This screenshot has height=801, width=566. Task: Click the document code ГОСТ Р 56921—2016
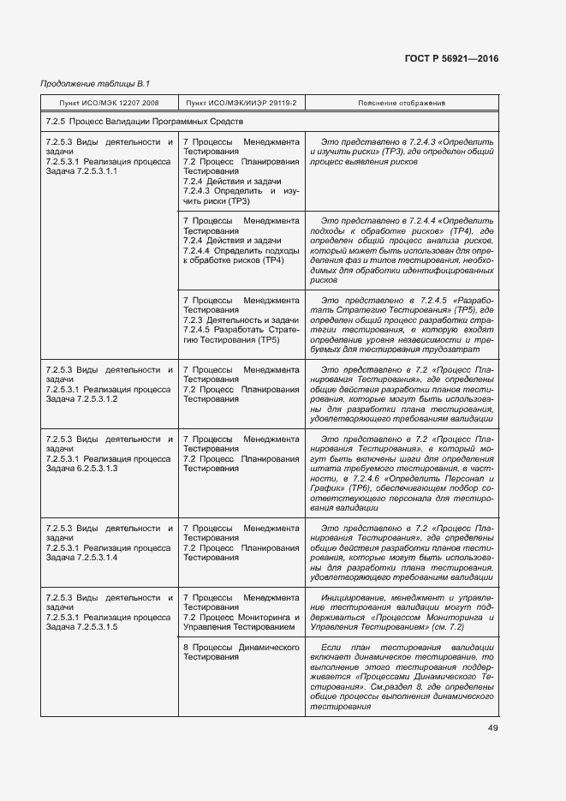452,58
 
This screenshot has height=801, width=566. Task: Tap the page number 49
492,728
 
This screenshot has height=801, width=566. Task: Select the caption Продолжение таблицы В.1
95,83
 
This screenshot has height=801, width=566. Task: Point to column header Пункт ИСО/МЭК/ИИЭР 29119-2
241,104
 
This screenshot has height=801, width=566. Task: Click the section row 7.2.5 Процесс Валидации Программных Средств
145,123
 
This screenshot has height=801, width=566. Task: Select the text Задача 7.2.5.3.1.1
81,171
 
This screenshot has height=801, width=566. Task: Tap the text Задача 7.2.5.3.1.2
81,399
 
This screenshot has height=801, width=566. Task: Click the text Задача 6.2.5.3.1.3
81,469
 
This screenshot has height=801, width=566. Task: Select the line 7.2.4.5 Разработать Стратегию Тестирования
241,335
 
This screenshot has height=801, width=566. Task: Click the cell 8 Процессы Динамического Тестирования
241,653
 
